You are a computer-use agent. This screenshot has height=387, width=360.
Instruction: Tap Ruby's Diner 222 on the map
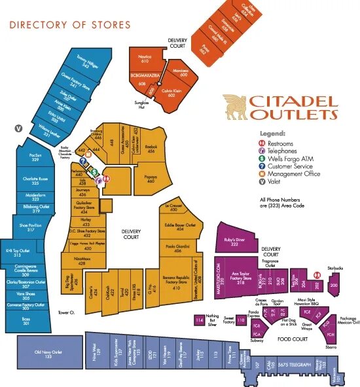(x=234, y=242)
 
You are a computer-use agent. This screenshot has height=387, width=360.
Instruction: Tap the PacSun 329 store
(x=35, y=158)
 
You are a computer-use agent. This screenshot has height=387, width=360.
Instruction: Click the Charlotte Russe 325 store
(x=35, y=181)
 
